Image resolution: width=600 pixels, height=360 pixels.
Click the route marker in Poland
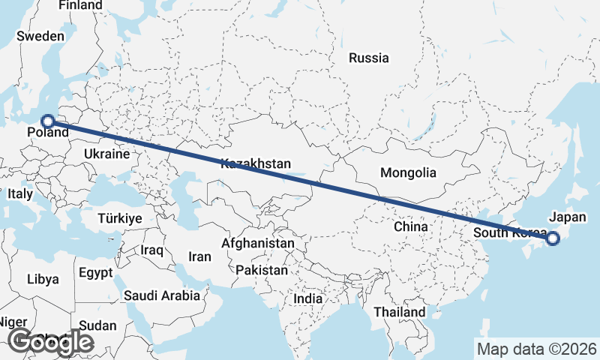pos(47,121)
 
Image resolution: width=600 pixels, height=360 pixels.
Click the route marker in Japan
pos(553,239)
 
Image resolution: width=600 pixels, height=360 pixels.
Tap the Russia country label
pos(369,58)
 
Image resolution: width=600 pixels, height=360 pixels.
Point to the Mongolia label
pos(408,173)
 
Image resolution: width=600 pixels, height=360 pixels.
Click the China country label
pos(411,226)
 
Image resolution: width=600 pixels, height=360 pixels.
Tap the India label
pos(307,298)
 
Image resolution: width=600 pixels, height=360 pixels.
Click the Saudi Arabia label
pos(163,295)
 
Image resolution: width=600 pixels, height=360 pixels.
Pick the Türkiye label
pos(120,218)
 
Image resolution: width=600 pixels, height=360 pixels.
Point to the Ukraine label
pos(106,154)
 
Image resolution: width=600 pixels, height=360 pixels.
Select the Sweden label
pos(40,36)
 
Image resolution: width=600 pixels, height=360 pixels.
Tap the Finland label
pos(80,5)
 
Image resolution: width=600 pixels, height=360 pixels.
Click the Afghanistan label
pos(257,244)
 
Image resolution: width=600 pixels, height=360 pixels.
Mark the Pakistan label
pos(261,270)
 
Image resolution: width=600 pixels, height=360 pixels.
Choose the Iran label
pos(199,256)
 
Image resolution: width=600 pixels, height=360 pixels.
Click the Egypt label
pos(95,272)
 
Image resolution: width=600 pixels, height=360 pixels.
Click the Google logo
pos(50,343)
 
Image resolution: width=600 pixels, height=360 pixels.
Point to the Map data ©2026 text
pos(537,349)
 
